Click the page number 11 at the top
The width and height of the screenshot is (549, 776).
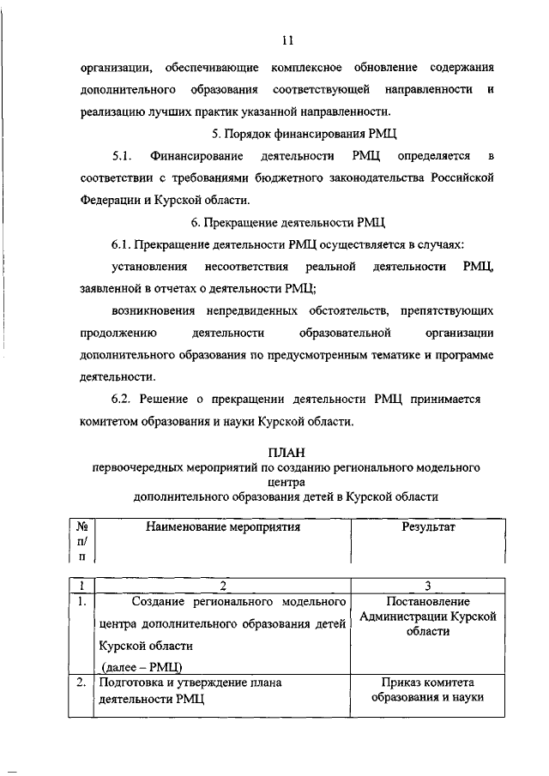point(287,39)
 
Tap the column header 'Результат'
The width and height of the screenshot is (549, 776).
point(428,527)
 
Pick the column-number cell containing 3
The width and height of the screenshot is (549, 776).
point(428,586)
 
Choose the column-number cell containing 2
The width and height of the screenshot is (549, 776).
point(222,586)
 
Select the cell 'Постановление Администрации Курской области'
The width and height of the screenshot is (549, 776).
point(428,617)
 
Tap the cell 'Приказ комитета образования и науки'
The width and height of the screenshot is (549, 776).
point(428,690)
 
